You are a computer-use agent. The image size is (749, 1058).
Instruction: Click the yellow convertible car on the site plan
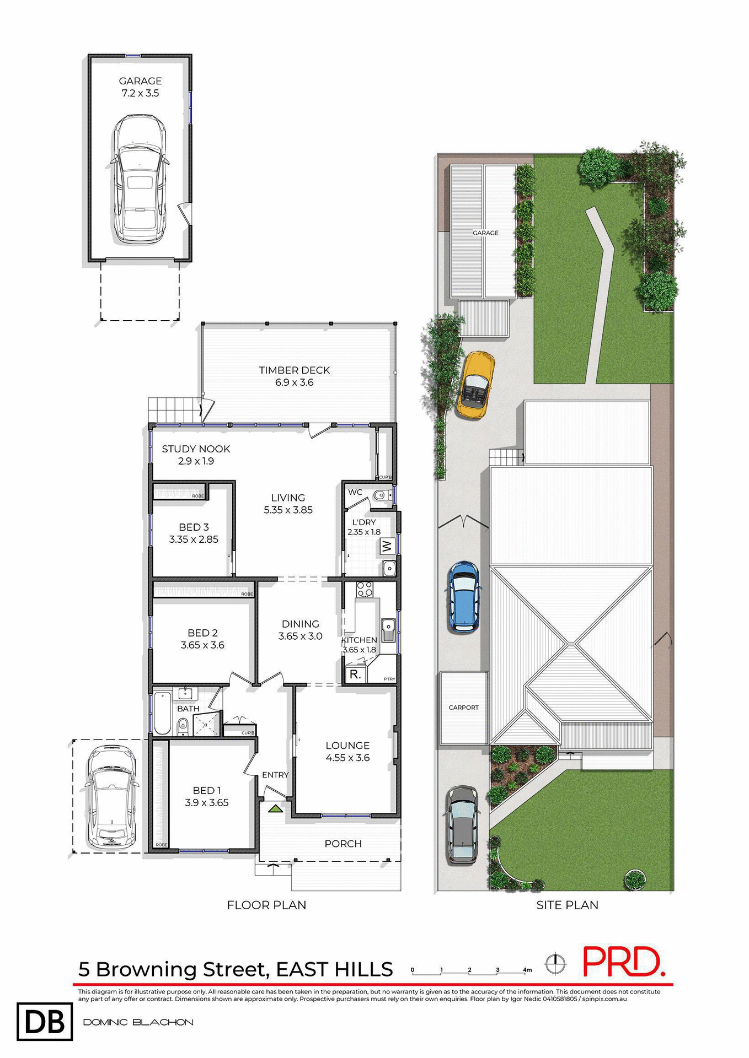point(475,385)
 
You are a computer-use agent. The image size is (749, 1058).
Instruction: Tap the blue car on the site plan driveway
point(464,596)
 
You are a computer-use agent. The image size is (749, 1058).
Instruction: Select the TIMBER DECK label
point(294,370)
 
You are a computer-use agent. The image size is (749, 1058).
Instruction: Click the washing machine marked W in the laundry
point(387,547)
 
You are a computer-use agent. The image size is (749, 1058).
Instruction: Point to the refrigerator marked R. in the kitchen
point(355,674)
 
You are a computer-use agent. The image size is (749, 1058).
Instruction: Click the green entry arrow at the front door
point(274,809)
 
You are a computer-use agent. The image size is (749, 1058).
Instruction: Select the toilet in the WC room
point(381,495)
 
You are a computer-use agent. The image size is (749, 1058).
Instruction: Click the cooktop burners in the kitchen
point(364,590)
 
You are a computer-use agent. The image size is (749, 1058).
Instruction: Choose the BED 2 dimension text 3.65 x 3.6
point(202,645)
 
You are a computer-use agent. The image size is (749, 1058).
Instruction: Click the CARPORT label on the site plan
point(463,708)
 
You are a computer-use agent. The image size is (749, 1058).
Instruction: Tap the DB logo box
point(45,1022)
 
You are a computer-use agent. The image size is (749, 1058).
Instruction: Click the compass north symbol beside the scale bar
point(555,964)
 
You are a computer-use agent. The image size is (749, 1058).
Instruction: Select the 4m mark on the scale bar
point(527,970)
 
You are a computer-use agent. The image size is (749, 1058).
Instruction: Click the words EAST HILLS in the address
point(334,969)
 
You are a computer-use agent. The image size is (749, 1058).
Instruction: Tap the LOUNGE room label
point(347,746)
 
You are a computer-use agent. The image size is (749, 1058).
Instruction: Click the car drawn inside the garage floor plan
point(139,179)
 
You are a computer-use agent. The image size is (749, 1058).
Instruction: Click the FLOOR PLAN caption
point(266,905)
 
